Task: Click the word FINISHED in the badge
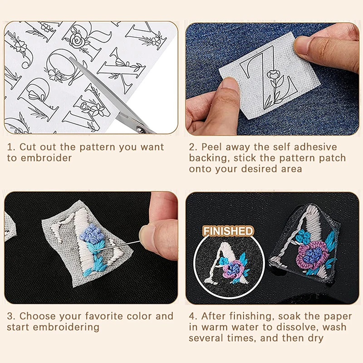click(x=228, y=231)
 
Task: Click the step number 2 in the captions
click(x=192, y=147)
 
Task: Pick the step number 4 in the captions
click(x=192, y=316)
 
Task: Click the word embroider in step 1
click(x=45, y=158)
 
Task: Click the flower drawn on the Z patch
click(x=274, y=75)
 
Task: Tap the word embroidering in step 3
click(x=68, y=327)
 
